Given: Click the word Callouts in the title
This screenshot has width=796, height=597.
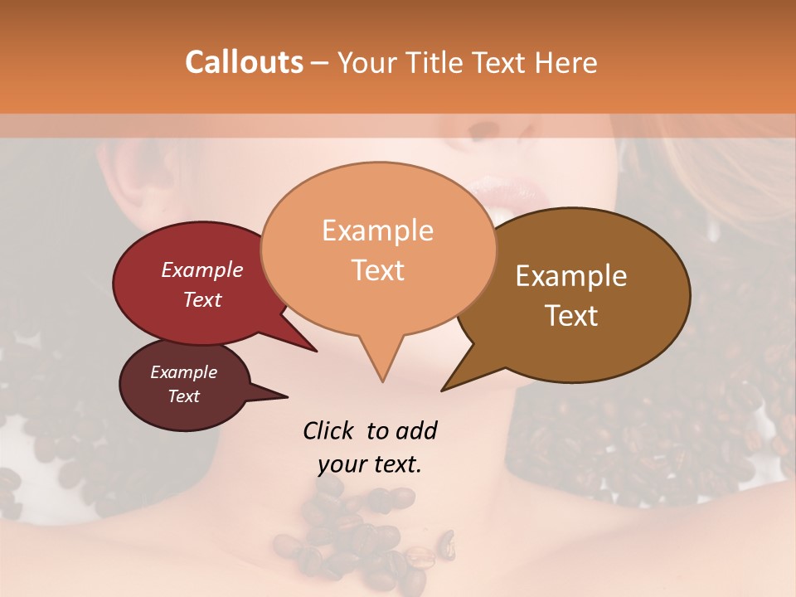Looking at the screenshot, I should coord(244,62).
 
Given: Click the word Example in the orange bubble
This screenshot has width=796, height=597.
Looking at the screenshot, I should coord(377,231).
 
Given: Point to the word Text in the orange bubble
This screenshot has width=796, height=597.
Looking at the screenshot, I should coord(377,269).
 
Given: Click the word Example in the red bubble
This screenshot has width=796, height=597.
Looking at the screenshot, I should coord(202,269).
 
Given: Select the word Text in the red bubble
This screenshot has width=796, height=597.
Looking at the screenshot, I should coord(202,299).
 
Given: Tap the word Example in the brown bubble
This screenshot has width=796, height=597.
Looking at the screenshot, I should coord(571,276).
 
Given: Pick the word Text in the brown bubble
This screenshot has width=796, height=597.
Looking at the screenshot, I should coord(571,315).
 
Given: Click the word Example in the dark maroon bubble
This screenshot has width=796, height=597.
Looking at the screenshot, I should coord(183,372).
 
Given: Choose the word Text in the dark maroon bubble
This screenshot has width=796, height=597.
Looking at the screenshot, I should coord(183,396).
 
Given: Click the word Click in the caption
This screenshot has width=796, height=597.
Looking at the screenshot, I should coord(330,430).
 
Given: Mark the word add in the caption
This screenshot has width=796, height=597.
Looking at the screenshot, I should coord(416,430).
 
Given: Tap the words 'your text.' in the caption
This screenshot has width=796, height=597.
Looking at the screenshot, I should coord(370,464).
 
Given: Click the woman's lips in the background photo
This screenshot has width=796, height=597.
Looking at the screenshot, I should coord(516,197).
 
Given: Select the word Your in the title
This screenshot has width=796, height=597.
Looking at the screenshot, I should coord(365,62).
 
